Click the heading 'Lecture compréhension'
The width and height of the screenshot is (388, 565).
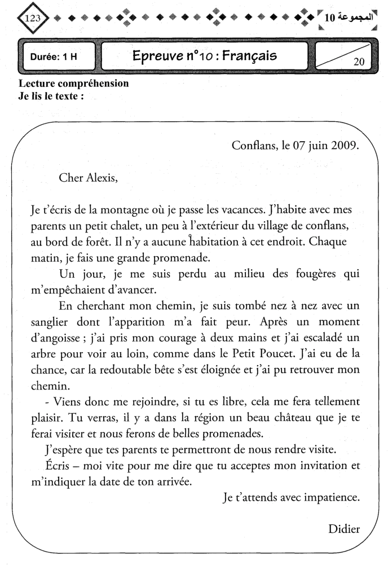[x=73, y=84]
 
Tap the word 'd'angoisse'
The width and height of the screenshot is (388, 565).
[x=56, y=340]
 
